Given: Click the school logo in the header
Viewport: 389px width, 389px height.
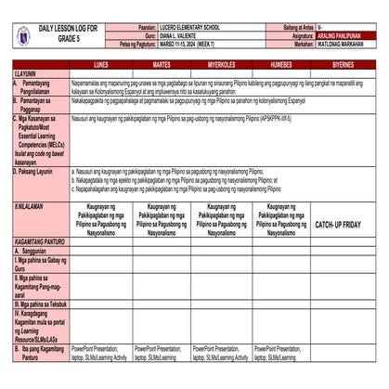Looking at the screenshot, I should (23, 36).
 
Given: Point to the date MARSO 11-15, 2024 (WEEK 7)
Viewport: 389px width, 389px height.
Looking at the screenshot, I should (193, 44).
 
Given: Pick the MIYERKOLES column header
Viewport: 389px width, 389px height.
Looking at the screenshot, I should (220, 65).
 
